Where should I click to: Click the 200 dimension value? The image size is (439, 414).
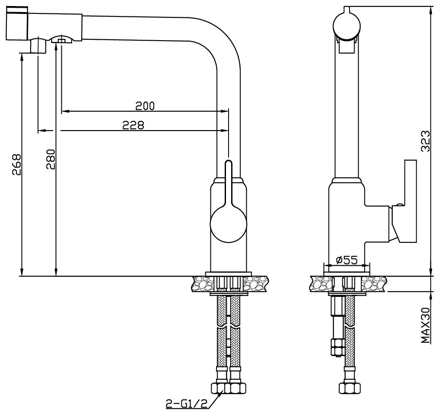pyautogui.click(x=145, y=106)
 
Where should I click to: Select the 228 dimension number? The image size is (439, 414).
pyautogui.click(x=133, y=125)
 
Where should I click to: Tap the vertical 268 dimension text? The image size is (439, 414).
pyautogui.click(x=16, y=164)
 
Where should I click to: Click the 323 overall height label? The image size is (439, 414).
pyautogui.click(x=425, y=141)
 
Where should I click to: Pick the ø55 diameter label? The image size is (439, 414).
pyautogui.click(x=347, y=260)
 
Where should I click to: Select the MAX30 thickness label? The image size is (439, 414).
pyautogui.click(x=425, y=325)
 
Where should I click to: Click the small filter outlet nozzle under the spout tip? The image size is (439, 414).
pyautogui.click(x=38, y=45)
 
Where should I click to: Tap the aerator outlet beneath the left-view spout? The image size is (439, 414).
pyautogui.click(x=62, y=39)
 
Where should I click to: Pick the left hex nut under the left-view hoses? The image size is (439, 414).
pyautogui.click(x=217, y=388)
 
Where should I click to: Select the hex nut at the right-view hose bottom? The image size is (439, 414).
pyautogui.click(x=350, y=388)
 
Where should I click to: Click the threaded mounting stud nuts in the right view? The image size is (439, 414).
pyautogui.click(x=336, y=347)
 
